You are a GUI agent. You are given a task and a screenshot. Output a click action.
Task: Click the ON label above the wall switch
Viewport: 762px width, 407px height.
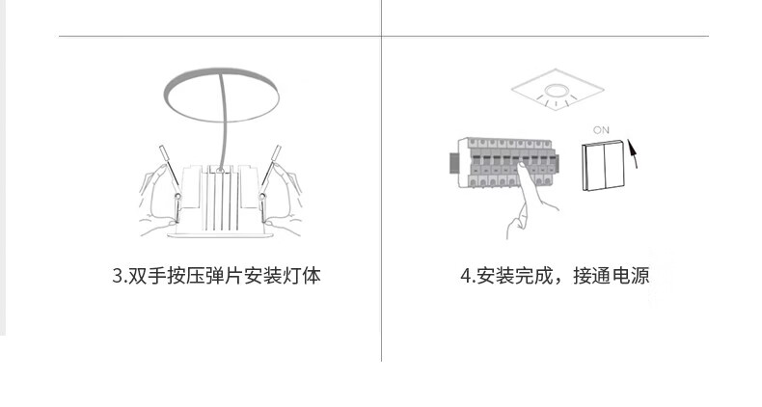click(x=602, y=129)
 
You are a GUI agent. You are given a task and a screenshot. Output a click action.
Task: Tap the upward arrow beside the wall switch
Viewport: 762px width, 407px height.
click(x=633, y=162)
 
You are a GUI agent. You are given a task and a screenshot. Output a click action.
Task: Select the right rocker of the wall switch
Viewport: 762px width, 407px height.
click(x=613, y=169)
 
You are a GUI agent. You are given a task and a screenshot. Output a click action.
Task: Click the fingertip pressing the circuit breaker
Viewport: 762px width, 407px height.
click(x=518, y=173)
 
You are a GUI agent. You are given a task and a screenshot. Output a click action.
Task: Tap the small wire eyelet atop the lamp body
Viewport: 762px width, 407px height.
click(x=221, y=170)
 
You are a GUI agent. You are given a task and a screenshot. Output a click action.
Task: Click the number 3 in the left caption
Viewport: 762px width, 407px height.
click(x=118, y=277)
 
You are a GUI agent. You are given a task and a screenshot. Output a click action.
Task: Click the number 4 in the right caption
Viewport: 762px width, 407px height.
click(x=465, y=277)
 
